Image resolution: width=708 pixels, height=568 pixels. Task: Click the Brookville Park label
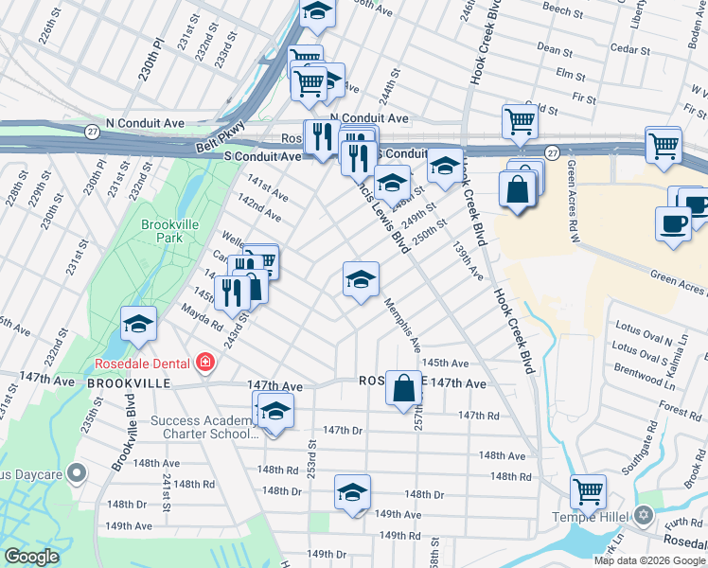click(x=161, y=231)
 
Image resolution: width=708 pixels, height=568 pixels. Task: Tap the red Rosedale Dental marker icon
click(x=204, y=363)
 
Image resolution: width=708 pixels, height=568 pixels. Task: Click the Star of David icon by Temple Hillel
click(x=645, y=516)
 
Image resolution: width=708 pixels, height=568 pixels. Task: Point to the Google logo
click(x=32, y=557)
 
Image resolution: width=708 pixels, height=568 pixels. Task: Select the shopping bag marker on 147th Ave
click(x=404, y=388)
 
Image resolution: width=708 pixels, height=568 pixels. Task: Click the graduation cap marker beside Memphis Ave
click(x=360, y=279)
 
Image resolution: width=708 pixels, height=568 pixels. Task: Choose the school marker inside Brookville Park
click(x=138, y=325)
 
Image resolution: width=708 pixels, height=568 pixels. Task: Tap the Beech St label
click(x=562, y=10)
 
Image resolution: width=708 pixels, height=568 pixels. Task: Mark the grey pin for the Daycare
click(x=80, y=471)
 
